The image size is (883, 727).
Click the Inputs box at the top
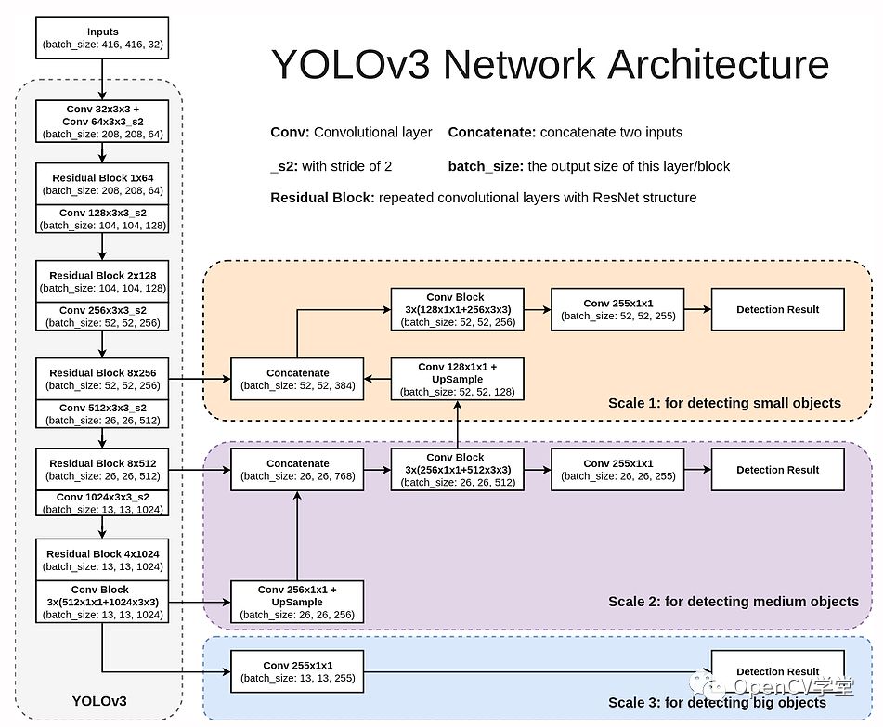102,37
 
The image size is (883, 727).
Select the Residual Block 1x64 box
102,184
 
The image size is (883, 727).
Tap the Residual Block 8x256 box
102,379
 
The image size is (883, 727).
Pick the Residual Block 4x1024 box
102,560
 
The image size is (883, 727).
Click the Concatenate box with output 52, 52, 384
297,379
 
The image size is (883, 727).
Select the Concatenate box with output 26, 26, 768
297,469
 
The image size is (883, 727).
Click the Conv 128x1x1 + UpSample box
456,379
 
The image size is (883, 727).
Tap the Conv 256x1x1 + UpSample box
297,602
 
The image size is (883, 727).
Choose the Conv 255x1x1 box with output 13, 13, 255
297,671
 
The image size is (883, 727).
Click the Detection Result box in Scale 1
778,309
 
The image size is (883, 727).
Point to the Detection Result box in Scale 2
778,469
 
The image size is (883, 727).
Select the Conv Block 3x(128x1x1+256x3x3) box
456,309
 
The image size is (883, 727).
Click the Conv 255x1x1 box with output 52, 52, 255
617,309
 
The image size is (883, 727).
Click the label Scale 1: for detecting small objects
724,403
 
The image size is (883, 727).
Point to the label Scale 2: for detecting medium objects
733,602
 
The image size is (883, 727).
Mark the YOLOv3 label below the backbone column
98,701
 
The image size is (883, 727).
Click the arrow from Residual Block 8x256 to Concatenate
200,379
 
